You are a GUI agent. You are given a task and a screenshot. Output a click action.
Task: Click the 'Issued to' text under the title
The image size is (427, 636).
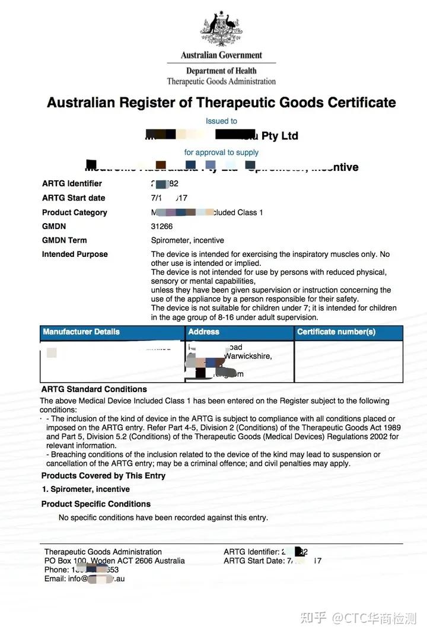(x=221, y=121)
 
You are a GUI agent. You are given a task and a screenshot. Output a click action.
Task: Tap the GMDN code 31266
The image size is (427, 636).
(x=162, y=226)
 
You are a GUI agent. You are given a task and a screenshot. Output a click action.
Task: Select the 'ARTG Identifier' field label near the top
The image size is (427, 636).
(x=72, y=183)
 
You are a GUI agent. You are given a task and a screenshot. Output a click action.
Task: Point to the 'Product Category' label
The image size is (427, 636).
(x=74, y=212)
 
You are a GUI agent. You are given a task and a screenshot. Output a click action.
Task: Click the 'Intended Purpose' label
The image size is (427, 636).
(x=75, y=254)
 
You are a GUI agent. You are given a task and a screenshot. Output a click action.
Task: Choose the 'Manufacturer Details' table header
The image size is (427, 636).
(x=81, y=332)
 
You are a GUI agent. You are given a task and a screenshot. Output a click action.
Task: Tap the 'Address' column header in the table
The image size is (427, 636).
(x=203, y=332)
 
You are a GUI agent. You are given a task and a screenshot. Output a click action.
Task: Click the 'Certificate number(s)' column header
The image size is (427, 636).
(x=336, y=332)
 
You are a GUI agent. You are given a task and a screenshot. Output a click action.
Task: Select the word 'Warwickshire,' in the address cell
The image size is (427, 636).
(x=248, y=357)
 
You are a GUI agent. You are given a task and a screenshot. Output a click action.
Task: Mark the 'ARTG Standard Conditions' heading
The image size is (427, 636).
(x=94, y=389)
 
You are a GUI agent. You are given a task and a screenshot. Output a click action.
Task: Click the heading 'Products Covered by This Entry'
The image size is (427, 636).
(x=103, y=476)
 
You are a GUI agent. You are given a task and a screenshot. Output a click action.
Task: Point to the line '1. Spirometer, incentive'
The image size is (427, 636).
(x=86, y=489)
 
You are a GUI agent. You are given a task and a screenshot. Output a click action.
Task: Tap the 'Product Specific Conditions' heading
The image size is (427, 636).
(x=95, y=504)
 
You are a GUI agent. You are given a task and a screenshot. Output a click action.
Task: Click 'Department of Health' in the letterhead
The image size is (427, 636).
(x=221, y=71)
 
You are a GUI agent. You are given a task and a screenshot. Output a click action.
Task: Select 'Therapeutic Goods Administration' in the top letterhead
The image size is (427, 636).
(x=221, y=81)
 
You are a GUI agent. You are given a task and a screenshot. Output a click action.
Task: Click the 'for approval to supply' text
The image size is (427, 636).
(x=221, y=152)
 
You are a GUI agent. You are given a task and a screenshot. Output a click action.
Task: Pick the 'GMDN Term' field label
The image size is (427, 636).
(x=64, y=240)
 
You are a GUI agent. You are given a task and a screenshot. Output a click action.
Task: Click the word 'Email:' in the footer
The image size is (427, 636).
(x=55, y=578)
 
